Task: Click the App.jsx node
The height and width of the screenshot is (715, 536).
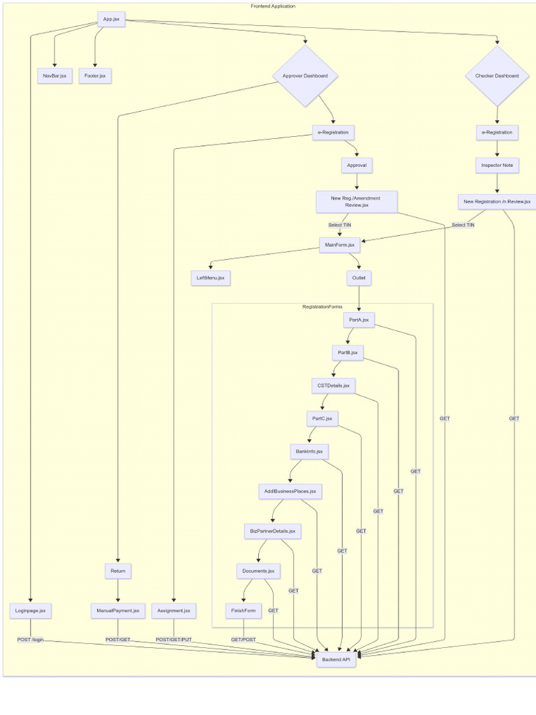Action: tap(111, 19)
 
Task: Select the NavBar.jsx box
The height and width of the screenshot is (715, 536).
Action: tap(54, 75)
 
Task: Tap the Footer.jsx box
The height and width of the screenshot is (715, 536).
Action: tap(95, 75)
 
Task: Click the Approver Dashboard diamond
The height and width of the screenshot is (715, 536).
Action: tap(305, 75)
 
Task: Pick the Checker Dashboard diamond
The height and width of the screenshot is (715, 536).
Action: tap(497, 75)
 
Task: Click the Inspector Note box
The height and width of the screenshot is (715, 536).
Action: tap(497, 165)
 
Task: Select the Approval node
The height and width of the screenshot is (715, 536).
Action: tap(357, 165)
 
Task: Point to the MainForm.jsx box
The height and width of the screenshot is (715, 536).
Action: tap(340, 245)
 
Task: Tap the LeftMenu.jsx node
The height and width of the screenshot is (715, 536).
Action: tap(211, 278)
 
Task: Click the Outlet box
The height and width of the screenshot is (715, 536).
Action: tap(359, 278)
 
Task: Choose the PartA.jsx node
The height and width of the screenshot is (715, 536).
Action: tap(359, 320)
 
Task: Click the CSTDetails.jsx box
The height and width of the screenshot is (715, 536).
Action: tap(334, 385)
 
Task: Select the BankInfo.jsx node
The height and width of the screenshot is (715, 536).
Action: tap(309, 452)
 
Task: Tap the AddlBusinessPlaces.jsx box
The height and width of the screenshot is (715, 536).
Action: tap(290, 491)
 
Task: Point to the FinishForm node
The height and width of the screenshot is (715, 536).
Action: tap(244, 610)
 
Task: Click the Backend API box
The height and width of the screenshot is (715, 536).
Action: tap(336, 659)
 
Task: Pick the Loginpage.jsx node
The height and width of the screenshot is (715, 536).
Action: tap(31, 610)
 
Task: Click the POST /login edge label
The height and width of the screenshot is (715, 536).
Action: tap(31, 640)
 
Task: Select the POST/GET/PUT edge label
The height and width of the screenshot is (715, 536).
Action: tap(174, 640)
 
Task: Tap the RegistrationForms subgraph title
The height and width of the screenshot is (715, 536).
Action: tap(322, 307)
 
